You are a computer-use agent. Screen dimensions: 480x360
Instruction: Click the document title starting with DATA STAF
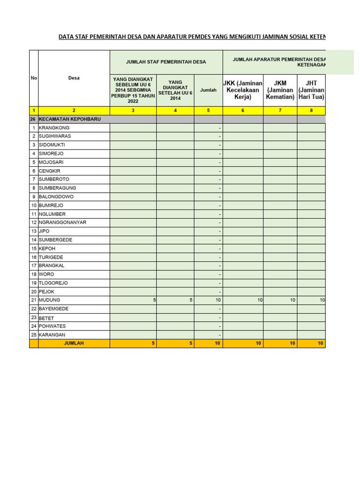point(192,37)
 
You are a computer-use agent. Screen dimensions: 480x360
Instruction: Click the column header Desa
point(74,78)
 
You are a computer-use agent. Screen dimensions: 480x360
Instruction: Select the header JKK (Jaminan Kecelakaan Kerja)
point(243,90)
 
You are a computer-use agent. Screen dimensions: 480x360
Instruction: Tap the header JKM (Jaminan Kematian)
point(280,90)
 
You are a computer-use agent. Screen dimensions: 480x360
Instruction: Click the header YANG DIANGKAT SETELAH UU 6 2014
point(175,90)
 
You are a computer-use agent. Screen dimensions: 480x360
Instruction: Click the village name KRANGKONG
point(54,127)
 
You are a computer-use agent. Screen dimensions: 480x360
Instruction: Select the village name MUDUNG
point(49,300)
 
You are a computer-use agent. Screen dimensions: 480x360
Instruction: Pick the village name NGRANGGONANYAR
point(62,222)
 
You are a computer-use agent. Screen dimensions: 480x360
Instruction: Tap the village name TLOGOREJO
point(53,283)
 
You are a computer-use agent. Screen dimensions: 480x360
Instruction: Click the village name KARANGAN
point(52,335)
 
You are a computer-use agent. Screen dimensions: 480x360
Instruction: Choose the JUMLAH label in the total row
point(74,344)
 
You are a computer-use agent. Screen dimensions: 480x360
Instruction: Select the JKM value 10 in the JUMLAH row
point(292,344)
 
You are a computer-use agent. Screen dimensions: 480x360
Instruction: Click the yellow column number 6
point(243,111)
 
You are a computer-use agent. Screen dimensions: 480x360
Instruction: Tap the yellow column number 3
point(133,111)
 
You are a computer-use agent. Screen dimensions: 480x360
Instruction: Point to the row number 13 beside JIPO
point(34,231)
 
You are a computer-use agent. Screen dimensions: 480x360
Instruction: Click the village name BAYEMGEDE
point(53,308)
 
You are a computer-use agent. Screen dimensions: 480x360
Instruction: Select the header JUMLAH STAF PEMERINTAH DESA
point(166,62)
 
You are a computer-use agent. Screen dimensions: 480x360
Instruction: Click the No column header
point(34,78)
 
